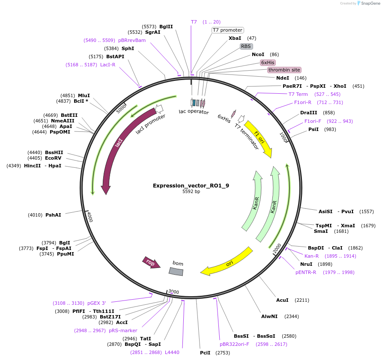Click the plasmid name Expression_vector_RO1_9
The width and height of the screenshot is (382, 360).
(x=191, y=185)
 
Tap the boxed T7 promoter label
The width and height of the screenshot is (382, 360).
(x=228, y=30)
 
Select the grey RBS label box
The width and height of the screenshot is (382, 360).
(x=246, y=46)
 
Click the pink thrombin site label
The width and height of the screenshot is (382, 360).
(x=284, y=70)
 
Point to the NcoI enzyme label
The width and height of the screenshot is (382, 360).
(x=258, y=54)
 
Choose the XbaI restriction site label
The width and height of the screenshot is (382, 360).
(x=235, y=38)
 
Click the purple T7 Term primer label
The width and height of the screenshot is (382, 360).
(x=298, y=94)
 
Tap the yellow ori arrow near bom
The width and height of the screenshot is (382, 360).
(x=227, y=262)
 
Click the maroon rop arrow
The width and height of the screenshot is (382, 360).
(x=151, y=262)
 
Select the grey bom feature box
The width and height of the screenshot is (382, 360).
(x=176, y=271)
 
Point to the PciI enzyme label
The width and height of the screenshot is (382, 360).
(x=205, y=353)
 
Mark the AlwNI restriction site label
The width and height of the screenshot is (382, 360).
(x=269, y=316)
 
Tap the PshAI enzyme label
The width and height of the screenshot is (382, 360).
(x=53, y=215)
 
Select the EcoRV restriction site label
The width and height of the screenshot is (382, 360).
(x=53, y=158)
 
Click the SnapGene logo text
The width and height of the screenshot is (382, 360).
(x=370, y=3)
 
